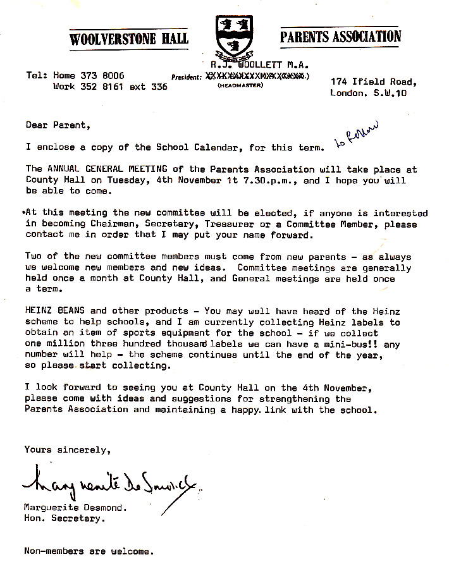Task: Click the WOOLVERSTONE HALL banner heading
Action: pos(130,39)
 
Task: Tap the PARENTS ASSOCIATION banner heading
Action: pos(340,36)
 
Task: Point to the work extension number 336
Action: pos(159,87)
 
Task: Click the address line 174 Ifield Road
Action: pos(373,82)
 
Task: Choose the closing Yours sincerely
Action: pos(67,450)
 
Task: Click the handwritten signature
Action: pos(111,486)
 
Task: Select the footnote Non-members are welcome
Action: pos(89,551)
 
